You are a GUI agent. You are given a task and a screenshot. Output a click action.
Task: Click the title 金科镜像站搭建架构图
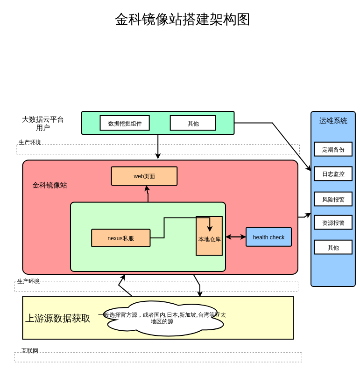pyautogui.click(x=182, y=20)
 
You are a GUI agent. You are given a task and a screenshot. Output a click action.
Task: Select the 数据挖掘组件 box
pyautogui.click(x=125, y=123)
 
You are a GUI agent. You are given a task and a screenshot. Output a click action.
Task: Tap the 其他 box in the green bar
pyautogui.click(x=193, y=123)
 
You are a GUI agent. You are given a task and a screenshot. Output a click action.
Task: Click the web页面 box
pyautogui.click(x=144, y=176)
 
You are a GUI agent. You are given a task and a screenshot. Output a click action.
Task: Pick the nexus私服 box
pyautogui.click(x=121, y=238)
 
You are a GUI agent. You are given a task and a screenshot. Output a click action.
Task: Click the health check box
pyautogui.click(x=268, y=237)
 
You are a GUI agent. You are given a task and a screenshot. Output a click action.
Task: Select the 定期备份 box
pyautogui.click(x=333, y=149)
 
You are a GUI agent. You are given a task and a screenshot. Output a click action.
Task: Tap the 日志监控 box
pyautogui.click(x=333, y=174)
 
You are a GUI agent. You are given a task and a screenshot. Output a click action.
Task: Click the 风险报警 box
pyautogui.click(x=333, y=199)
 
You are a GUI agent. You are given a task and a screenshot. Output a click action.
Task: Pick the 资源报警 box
pyautogui.click(x=333, y=223)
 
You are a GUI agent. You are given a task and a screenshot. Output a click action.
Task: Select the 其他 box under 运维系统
pyautogui.click(x=333, y=247)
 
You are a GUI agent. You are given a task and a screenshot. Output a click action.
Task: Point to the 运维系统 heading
pyautogui.click(x=333, y=121)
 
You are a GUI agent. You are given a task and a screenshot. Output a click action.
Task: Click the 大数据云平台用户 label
pyautogui.click(x=43, y=124)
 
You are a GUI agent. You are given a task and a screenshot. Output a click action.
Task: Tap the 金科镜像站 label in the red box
pyautogui.click(x=49, y=185)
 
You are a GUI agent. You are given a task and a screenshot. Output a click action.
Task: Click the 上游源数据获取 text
pyautogui.click(x=57, y=318)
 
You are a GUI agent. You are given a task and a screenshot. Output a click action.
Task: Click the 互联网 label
pyautogui.click(x=30, y=351)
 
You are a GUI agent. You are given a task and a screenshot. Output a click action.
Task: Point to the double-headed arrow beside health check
pyautogui.click(x=236, y=237)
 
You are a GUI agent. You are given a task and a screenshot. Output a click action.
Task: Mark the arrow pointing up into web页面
pyautogui.click(x=148, y=194)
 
